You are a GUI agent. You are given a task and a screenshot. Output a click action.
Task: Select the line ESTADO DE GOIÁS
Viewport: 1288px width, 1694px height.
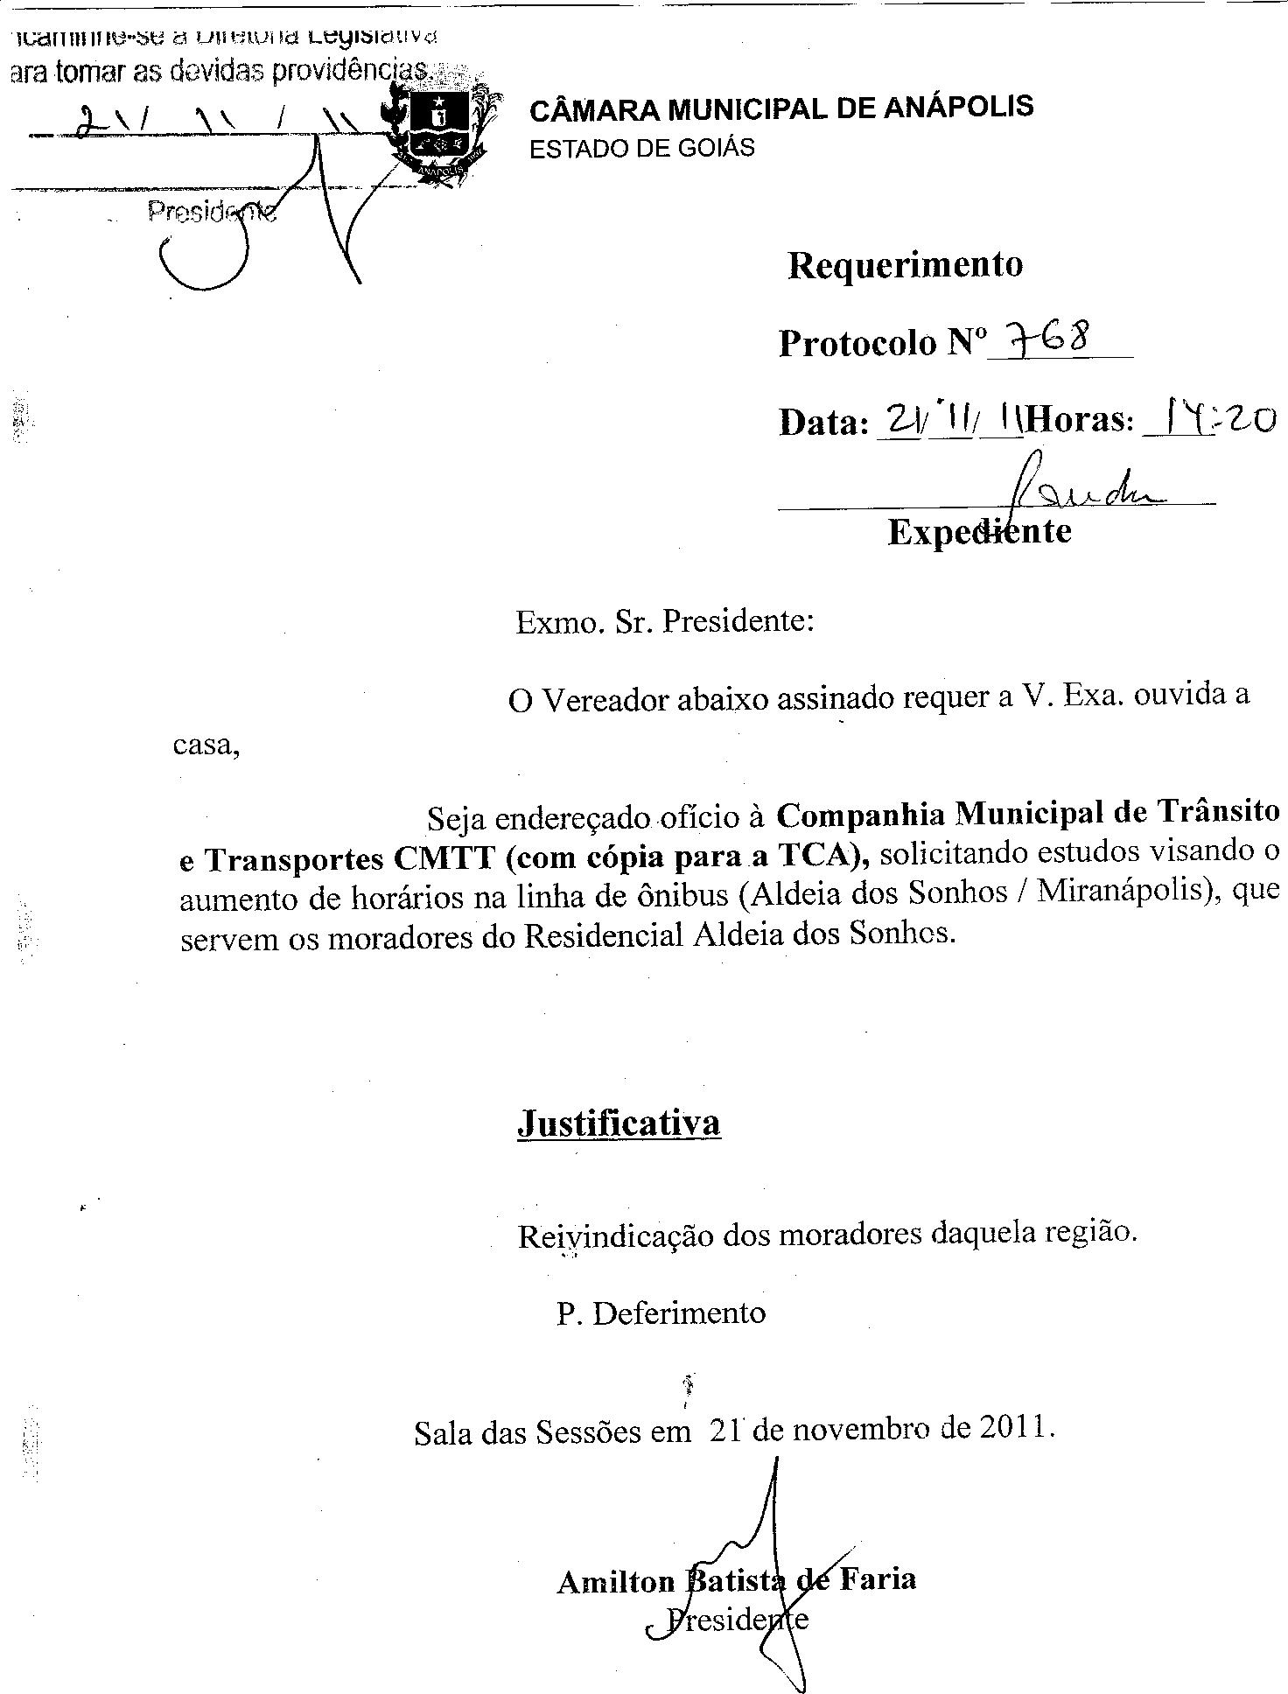click(641, 147)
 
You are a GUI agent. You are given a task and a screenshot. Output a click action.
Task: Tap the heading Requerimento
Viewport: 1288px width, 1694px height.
click(905, 264)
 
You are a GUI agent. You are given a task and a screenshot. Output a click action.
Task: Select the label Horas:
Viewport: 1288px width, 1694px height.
click(1080, 421)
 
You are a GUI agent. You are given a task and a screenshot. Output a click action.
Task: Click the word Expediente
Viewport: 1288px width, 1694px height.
click(979, 531)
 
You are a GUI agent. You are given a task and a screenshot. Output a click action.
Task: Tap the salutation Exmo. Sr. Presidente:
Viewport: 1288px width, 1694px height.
click(665, 621)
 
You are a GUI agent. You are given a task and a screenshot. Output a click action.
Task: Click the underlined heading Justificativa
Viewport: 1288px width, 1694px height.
click(619, 1123)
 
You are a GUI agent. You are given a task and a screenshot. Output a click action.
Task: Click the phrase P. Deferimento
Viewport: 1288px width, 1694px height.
click(661, 1313)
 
